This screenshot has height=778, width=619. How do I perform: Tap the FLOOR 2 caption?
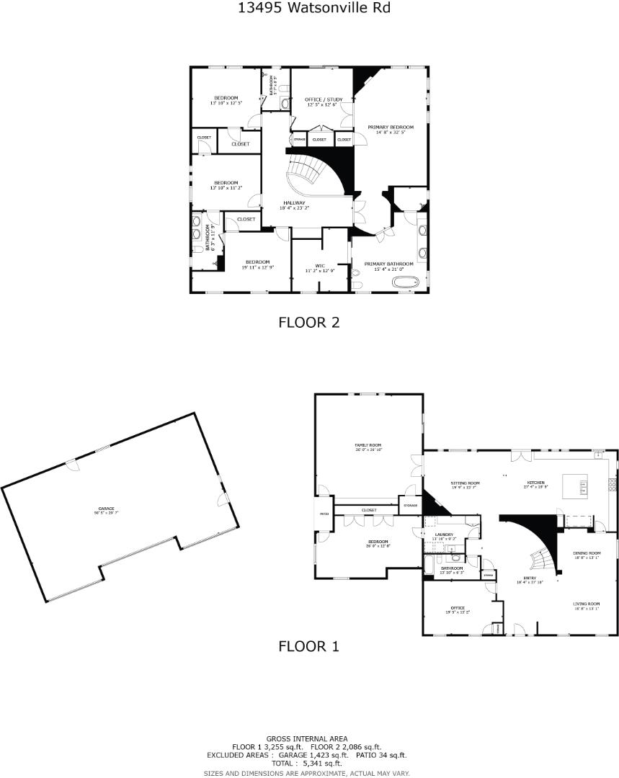pyautogui.click(x=308, y=323)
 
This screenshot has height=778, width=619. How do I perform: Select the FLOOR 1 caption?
pyautogui.click(x=308, y=647)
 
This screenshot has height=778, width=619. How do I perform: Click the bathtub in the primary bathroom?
pyautogui.click(x=406, y=282)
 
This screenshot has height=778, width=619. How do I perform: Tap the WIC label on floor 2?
pyautogui.click(x=320, y=266)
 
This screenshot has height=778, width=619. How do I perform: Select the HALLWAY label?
pyautogui.click(x=294, y=203)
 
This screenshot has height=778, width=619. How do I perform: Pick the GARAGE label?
pyautogui.click(x=107, y=508)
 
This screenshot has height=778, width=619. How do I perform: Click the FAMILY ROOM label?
pyautogui.click(x=367, y=446)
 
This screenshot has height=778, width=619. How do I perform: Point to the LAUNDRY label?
pyautogui.click(x=444, y=535)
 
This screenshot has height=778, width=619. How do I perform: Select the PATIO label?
pyautogui.click(x=324, y=514)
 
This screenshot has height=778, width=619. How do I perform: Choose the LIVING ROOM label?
pyautogui.click(x=587, y=604)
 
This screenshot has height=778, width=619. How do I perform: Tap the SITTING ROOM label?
pyautogui.click(x=465, y=483)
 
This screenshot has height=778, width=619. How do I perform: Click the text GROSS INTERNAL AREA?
pyautogui.click(x=307, y=738)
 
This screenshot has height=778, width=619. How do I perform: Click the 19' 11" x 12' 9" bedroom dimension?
pyautogui.click(x=258, y=267)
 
